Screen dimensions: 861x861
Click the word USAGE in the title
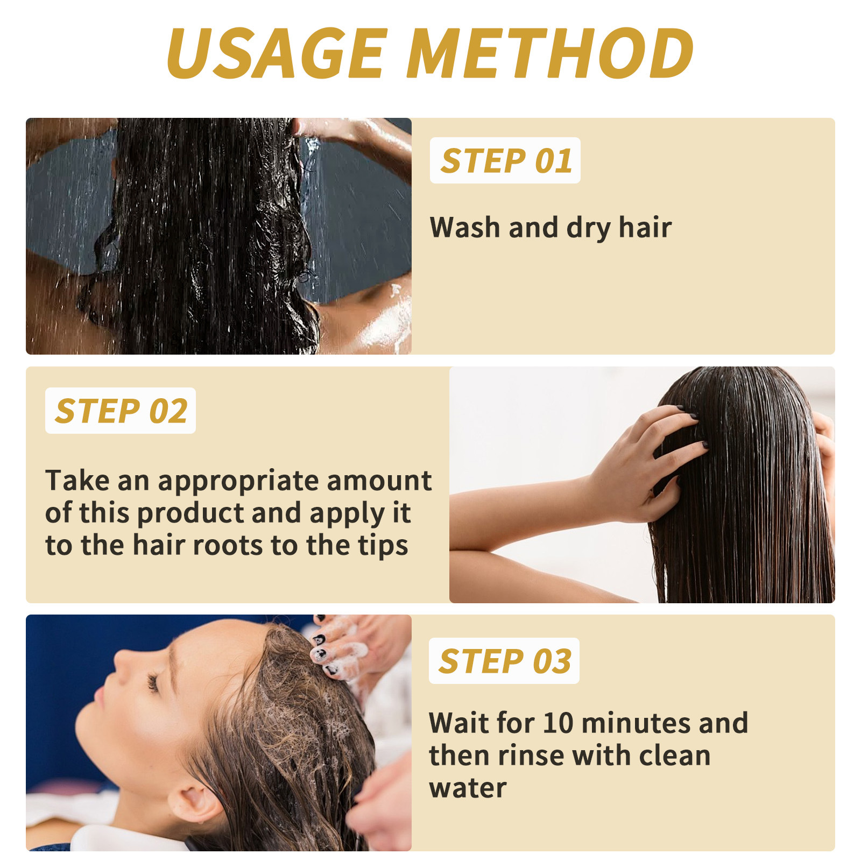tap(278, 53)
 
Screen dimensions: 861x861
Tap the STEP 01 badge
tap(505, 160)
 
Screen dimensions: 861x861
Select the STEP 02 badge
tap(121, 411)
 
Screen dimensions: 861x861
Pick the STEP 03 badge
tap(504, 661)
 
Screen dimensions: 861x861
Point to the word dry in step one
tap(589, 228)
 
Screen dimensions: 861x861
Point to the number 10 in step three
tap(557, 723)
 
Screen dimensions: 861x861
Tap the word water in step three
tap(468, 788)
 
